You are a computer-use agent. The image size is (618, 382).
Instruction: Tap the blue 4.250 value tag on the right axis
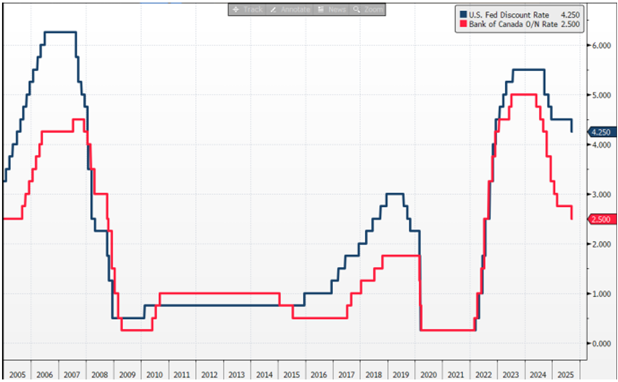pyautogui.click(x=600, y=132)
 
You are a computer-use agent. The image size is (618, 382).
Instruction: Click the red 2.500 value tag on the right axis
pyautogui.click(x=600, y=219)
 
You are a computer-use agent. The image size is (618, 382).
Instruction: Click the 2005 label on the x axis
pyautogui.click(x=17, y=374)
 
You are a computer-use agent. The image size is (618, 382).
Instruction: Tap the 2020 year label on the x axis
pyautogui.click(x=429, y=374)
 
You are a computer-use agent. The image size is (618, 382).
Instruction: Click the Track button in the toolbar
pyautogui.click(x=248, y=10)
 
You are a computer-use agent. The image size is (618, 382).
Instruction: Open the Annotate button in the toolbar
pyautogui.click(x=291, y=10)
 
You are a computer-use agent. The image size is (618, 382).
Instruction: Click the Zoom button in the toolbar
pyautogui.click(x=368, y=10)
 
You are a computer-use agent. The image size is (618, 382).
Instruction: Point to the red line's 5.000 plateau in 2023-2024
pyautogui.click(x=523, y=95)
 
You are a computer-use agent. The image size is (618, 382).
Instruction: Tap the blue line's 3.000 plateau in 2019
pyautogui.click(x=395, y=194)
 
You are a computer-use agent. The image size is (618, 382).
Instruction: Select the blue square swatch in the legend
pyautogui.click(x=462, y=15)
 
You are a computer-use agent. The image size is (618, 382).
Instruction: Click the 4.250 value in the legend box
pyautogui.click(x=570, y=15)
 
